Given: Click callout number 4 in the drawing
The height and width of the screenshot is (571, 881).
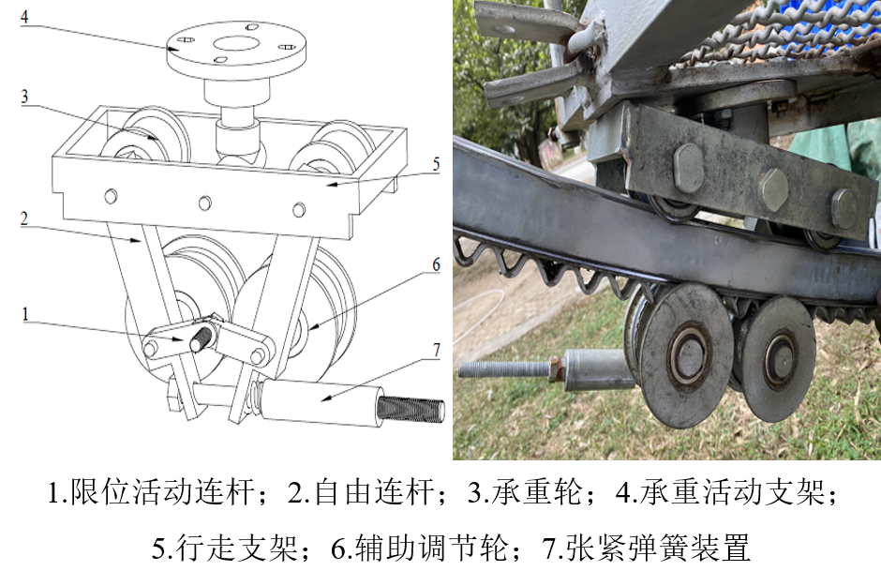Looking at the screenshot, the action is (x=24, y=17).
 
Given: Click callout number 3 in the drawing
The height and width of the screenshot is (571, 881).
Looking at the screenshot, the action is (x=24, y=97).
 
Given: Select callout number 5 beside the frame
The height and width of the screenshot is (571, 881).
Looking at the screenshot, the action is (x=436, y=164).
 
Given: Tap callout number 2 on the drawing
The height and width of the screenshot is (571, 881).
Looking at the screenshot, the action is (x=24, y=218).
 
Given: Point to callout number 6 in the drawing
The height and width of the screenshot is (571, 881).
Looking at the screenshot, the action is (x=436, y=264).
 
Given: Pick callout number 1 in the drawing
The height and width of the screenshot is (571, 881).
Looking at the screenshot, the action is (x=24, y=314).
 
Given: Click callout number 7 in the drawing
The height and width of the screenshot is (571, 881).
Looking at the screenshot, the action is (x=437, y=350).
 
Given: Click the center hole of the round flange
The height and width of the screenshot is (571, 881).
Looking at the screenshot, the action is (x=235, y=44).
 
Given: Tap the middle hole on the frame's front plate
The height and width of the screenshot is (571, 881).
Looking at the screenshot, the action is (x=205, y=203).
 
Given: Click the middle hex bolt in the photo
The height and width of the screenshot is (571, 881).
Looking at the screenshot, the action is (x=774, y=188).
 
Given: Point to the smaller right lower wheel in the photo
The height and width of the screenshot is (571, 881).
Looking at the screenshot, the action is (x=778, y=358).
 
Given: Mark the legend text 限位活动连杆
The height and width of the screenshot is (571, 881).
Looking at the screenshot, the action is (x=162, y=491).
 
